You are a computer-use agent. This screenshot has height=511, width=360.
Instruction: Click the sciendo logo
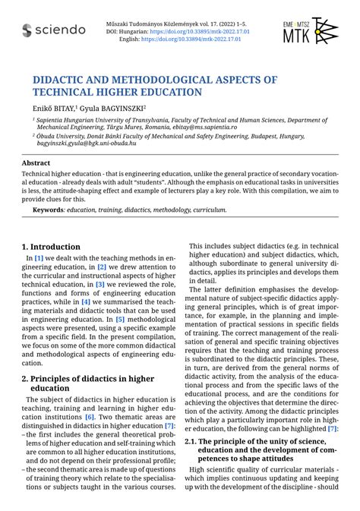coord(54,30)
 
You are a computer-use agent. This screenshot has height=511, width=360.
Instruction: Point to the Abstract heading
coord(36,162)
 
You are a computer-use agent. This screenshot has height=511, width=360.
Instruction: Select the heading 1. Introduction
coord(51,247)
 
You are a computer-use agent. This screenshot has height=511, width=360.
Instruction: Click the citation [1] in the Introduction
coord(39,259)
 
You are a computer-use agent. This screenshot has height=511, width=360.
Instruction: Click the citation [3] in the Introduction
coord(99,283)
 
